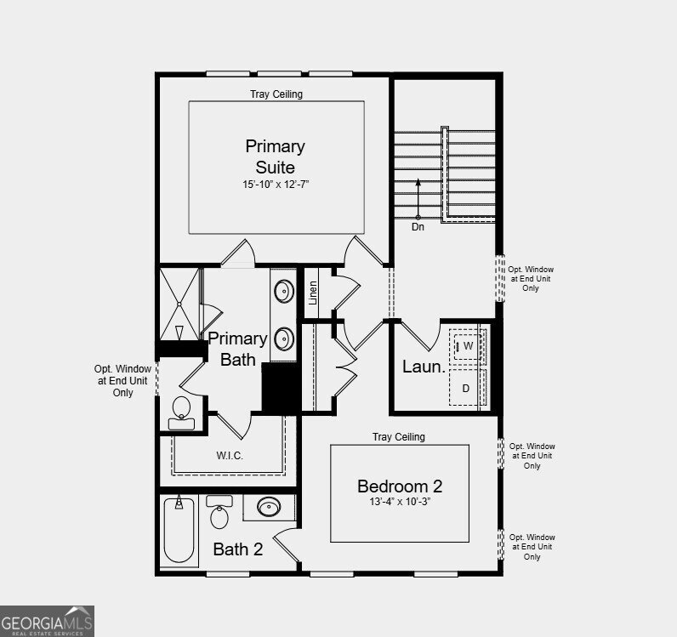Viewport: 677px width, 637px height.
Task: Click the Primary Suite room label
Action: [276, 156]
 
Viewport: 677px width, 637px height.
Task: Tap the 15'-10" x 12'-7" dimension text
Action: [276, 185]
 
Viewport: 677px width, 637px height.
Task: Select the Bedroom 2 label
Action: [400, 486]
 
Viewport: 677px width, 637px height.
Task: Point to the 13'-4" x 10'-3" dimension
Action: [400, 502]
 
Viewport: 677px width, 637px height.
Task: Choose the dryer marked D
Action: [467, 387]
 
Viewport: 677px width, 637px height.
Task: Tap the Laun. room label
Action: [424, 367]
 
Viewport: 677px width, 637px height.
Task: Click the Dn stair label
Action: [418, 227]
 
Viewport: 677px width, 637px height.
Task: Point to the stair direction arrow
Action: [418, 199]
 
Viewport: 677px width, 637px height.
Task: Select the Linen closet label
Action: [313, 293]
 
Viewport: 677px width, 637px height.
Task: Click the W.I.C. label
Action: [230, 455]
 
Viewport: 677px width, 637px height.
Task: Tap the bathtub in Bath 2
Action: [179, 530]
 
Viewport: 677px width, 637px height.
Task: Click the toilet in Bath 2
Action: [219, 512]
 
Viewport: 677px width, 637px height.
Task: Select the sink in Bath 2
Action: [269, 507]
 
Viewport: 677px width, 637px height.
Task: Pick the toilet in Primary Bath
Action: [181, 412]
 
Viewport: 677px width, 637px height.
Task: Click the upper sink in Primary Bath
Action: [284, 291]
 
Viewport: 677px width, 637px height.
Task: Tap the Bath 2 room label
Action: [238, 549]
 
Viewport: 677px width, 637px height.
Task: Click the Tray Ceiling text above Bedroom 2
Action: [399, 437]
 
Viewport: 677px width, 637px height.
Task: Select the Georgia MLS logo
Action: [47, 621]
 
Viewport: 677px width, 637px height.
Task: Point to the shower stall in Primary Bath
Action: [179, 304]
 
